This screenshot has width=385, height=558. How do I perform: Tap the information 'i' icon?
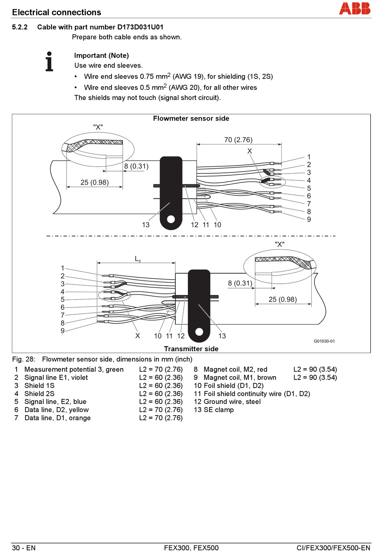pyautogui.click(x=49, y=61)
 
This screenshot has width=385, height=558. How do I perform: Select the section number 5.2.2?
pyautogui.click(x=20, y=27)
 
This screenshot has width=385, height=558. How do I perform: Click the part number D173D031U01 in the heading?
pyautogui.click(x=141, y=27)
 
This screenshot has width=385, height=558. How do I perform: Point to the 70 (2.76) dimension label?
pyautogui.click(x=238, y=140)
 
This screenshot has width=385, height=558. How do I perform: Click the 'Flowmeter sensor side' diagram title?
pyautogui.click(x=191, y=118)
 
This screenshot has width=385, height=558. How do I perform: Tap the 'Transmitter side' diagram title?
pyautogui.click(x=191, y=349)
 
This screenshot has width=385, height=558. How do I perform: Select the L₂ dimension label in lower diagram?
pyautogui.click(x=138, y=259)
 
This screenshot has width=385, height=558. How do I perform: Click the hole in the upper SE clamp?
pyautogui.click(x=171, y=219)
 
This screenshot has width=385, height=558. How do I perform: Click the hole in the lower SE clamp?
pyautogui.click(x=199, y=332)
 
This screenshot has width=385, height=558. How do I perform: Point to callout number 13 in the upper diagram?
pyautogui.click(x=146, y=225)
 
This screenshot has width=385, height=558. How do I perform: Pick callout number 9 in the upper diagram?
pyautogui.click(x=309, y=219)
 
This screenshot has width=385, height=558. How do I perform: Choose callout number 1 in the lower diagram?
pyautogui.click(x=63, y=268)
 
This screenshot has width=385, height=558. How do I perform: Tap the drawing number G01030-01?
pyautogui.click(x=324, y=341)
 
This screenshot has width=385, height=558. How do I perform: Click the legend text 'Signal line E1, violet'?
pyautogui.click(x=56, y=378)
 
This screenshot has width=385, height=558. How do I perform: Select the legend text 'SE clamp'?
pyautogui.click(x=218, y=410)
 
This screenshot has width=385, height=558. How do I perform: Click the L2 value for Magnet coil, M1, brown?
pyautogui.click(x=315, y=378)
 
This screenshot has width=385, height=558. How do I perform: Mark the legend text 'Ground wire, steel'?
pyautogui.click(x=232, y=401)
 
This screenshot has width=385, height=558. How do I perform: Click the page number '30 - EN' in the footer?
pyautogui.click(x=24, y=548)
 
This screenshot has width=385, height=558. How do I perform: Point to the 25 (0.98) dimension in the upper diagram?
pyautogui.click(x=94, y=182)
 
